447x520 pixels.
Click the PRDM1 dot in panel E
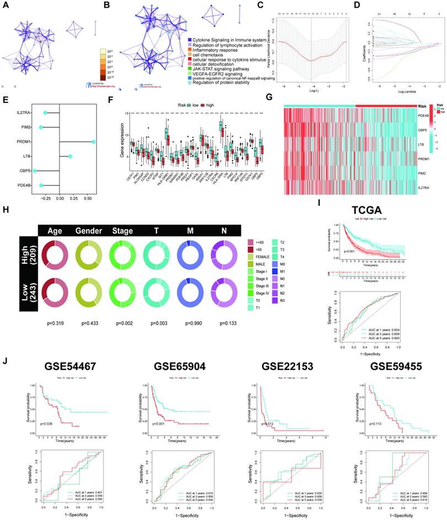coord(94,142)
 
